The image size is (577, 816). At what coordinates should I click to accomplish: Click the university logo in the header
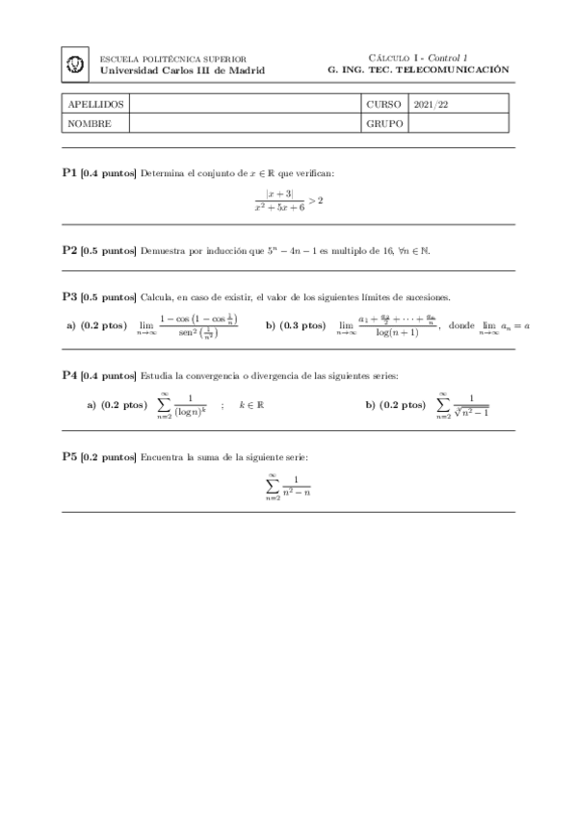pyautogui.click(x=76, y=64)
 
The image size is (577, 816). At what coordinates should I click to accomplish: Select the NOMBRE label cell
pyautogui.click(x=88, y=123)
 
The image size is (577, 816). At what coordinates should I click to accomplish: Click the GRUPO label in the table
pyautogui.click(x=382, y=123)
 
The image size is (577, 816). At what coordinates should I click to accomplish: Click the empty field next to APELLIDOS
pyautogui.click(x=245, y=104)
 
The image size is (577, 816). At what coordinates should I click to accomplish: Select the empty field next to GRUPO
pyautogui.click(x=459, y=123)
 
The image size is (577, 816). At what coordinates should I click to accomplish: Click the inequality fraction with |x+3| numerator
pyautogui.click(x=287, y=199)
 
